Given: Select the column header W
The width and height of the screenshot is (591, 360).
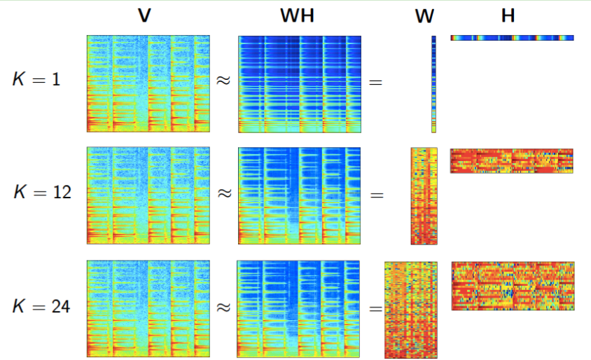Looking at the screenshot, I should tap(424, 16).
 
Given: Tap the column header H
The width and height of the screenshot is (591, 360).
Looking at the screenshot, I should tap(508, 15).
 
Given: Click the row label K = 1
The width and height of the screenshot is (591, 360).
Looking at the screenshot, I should tap(36, 79).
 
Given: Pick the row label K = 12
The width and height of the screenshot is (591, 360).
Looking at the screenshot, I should tap(42, 191).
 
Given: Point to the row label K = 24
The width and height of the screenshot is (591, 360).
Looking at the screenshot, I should tap(42, 305).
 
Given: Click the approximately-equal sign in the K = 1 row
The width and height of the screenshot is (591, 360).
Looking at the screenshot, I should tap(223, 81).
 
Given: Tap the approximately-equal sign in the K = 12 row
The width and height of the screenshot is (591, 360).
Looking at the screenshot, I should tap(223, 193).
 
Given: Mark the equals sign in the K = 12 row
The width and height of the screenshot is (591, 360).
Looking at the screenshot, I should tap(377, 195).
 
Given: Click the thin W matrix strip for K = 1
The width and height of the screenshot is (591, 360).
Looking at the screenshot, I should tap(434, 84).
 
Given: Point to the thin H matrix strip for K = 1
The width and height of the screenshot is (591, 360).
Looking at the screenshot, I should tap(512, 37).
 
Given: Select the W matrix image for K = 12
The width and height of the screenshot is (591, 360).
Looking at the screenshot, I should tap(424, 195).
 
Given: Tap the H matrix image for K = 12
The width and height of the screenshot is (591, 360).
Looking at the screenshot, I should tap(512, 161).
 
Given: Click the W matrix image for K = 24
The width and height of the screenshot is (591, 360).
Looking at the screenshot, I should tap(411, 309).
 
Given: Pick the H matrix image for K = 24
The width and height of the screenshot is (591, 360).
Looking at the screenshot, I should tap(513, 286).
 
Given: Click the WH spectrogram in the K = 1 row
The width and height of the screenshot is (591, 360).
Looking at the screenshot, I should tap(300, 84).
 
